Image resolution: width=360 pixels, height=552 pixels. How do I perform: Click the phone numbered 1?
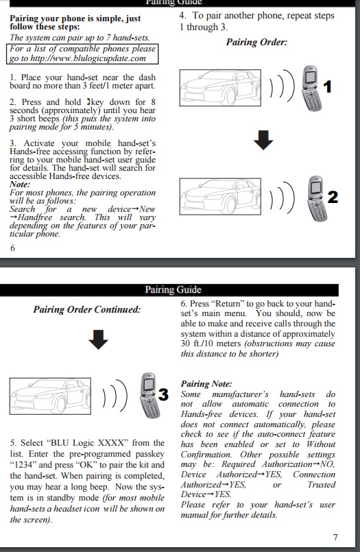pos(312,88)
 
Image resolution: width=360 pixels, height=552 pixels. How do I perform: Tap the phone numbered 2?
pos(317,199)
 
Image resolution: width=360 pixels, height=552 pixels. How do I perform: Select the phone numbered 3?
pos(150,396)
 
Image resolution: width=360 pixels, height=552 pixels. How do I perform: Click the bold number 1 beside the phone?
pos(327,86)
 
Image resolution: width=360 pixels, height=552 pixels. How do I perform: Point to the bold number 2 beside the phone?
pos(333,197)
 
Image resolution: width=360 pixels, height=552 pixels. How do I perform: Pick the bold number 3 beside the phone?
pos(163,395)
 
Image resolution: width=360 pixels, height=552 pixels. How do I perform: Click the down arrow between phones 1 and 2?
pos(263,140)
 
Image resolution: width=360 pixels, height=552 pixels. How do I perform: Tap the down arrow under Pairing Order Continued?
pos(98,339)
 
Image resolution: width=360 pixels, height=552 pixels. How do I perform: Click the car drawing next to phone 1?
pos(220,88)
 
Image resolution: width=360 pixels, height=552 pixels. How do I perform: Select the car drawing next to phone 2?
pos(220,196)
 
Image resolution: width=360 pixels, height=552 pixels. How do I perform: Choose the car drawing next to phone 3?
pos(50,396)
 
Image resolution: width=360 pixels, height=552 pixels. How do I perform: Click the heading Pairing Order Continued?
pos(87,309)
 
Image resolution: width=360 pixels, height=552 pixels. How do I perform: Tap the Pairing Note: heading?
pos(206,384)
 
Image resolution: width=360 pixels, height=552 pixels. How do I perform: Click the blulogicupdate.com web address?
pos(88,58)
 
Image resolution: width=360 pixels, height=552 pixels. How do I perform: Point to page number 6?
pos(12,248)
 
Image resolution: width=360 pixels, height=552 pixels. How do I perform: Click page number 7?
pos(335,537)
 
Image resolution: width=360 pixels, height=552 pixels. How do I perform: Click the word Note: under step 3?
pos(20,184)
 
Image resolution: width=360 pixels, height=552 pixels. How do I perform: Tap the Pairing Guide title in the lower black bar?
pos(173,290)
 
